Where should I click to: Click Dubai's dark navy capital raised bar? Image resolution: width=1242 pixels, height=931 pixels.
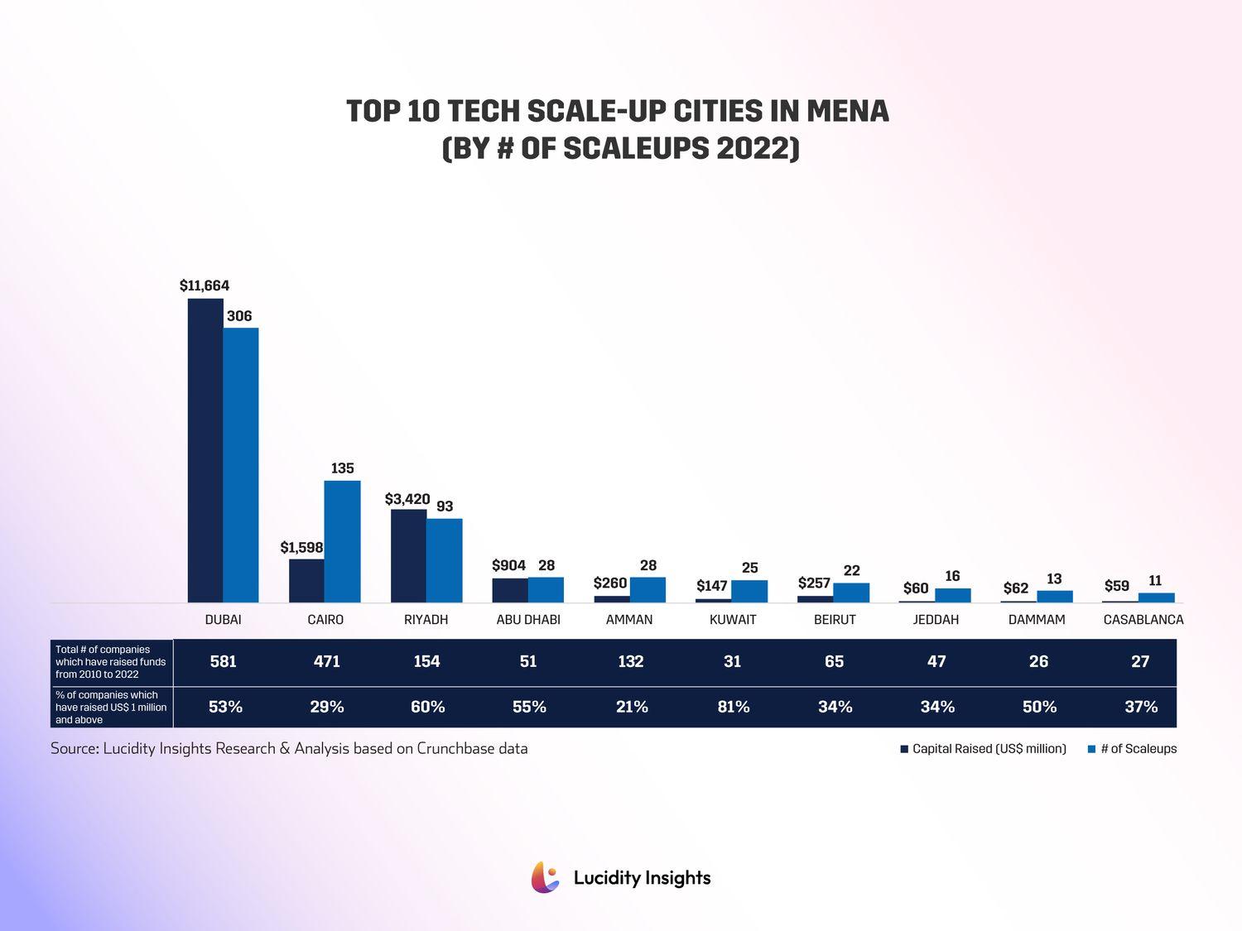click(205, 450)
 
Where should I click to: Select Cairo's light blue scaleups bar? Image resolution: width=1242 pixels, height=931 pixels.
click(342, 541)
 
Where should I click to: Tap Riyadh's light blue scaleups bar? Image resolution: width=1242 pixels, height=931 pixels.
click(445, 560)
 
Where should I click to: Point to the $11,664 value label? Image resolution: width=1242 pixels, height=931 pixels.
click(205, 286)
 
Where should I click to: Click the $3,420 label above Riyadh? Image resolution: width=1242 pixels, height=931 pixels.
click(407, 499)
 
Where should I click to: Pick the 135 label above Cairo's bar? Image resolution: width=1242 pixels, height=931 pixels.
click(343, 468)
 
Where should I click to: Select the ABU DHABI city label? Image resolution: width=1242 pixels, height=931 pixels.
click(528, 620)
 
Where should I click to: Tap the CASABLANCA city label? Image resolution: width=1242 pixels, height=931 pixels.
click(1143, 620)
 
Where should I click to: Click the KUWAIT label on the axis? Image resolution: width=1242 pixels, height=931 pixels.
click(733, 620)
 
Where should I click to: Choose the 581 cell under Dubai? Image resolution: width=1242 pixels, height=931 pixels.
click(224, 662)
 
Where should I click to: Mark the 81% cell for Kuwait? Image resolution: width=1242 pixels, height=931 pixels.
click(734, 707)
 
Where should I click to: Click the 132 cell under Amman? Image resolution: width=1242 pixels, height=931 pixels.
click(631, 662)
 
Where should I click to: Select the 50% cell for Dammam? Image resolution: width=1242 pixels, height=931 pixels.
click(1039, 707)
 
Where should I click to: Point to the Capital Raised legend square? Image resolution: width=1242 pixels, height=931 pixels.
click(905, 749)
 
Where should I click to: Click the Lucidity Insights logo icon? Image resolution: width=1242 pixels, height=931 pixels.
click(546, 877)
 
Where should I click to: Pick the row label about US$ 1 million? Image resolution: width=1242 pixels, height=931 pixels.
click(111, 708)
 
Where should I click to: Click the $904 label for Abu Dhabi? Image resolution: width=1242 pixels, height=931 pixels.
click(508, 565)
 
